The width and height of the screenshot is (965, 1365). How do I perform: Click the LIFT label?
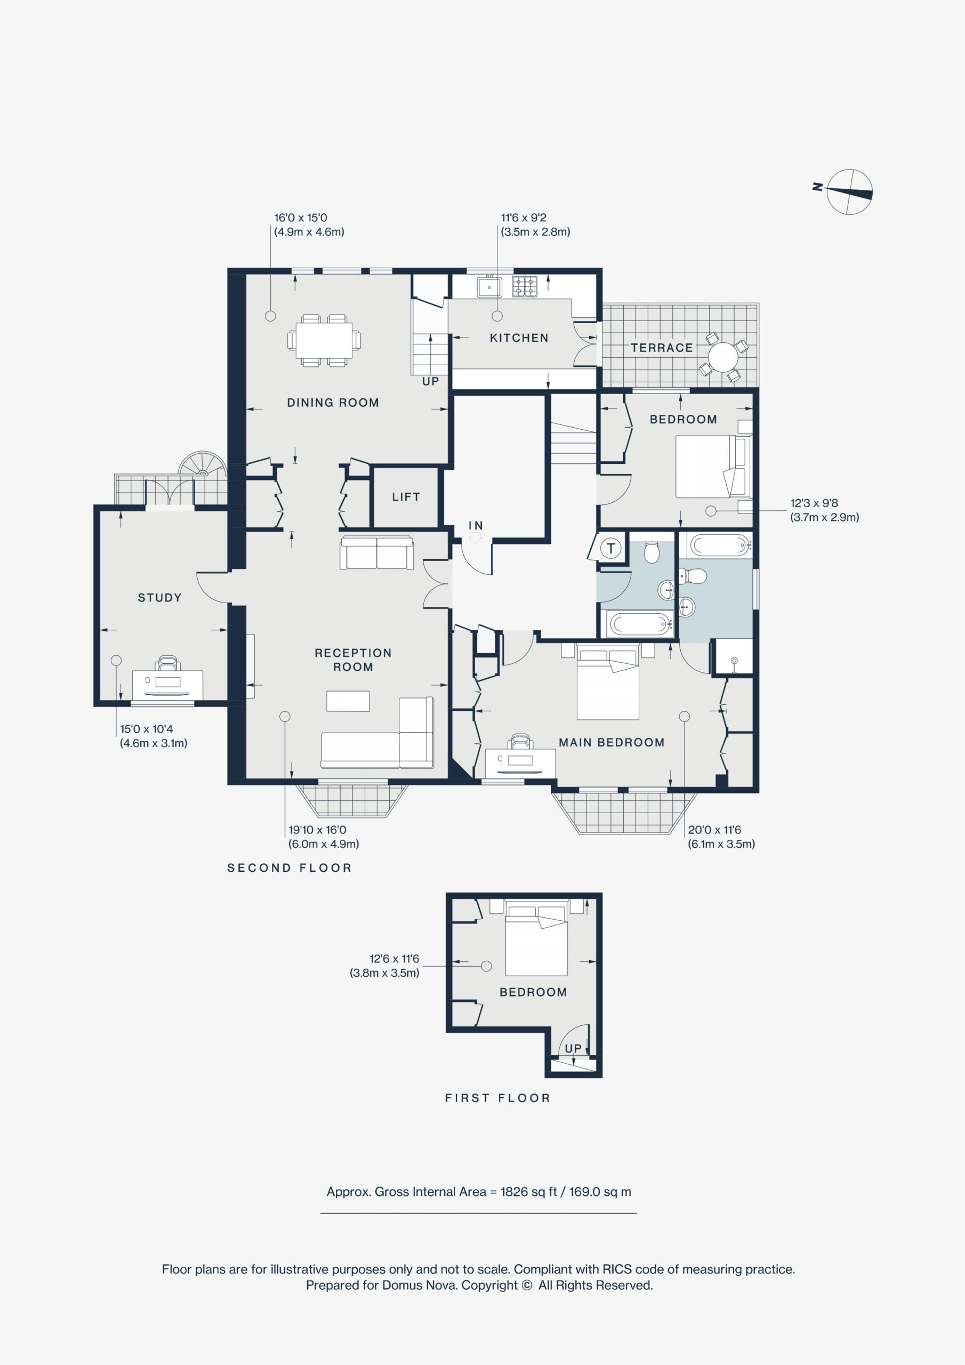pos(406,497)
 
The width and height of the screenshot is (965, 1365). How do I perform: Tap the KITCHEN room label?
pos(519,338)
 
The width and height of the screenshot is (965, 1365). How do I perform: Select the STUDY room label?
pos(159,598)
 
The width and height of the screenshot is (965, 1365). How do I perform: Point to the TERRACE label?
pos(662,348)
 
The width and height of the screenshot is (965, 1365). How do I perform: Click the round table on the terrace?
pos(723,357)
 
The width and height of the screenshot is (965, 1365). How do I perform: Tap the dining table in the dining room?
pos(324,340)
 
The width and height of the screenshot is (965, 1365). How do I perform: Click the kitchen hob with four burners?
pos(525,286)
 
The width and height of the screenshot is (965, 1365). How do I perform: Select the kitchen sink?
pos(489,286)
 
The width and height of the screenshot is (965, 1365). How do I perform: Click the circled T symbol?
pos(610,548)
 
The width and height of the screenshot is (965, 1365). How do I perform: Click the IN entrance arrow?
pos(475,537)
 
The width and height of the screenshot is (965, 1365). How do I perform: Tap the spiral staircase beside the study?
pos(203,464)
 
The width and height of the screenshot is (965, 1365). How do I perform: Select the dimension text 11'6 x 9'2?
pos(523,218)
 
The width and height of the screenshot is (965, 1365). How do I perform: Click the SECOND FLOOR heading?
pos(289,868)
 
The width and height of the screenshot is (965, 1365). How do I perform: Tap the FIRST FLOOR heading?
pos(497,1098)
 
